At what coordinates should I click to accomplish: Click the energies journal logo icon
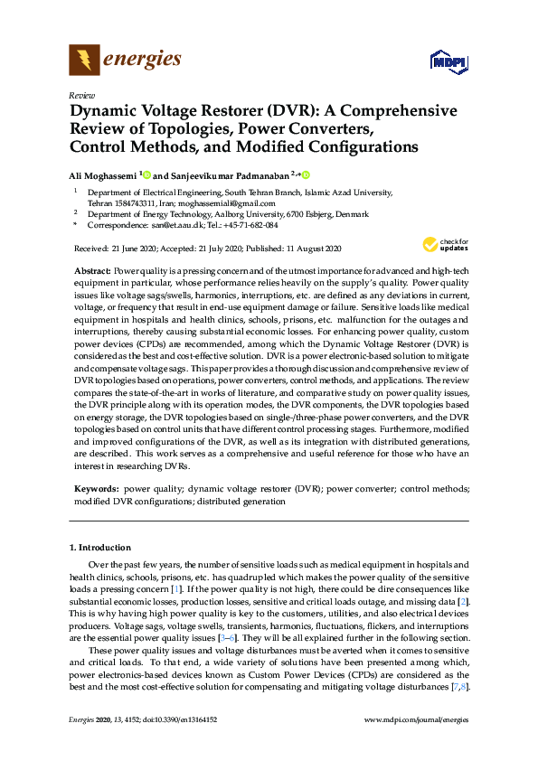pyautogui.click(x=85, y=60)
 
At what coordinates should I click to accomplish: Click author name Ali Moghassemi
pyautogui.click(x=103, y=174)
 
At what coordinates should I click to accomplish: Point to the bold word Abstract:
pyautogui.click(x=92, y=271)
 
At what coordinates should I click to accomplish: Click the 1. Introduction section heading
pyautogui.click(x=99, y=548)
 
